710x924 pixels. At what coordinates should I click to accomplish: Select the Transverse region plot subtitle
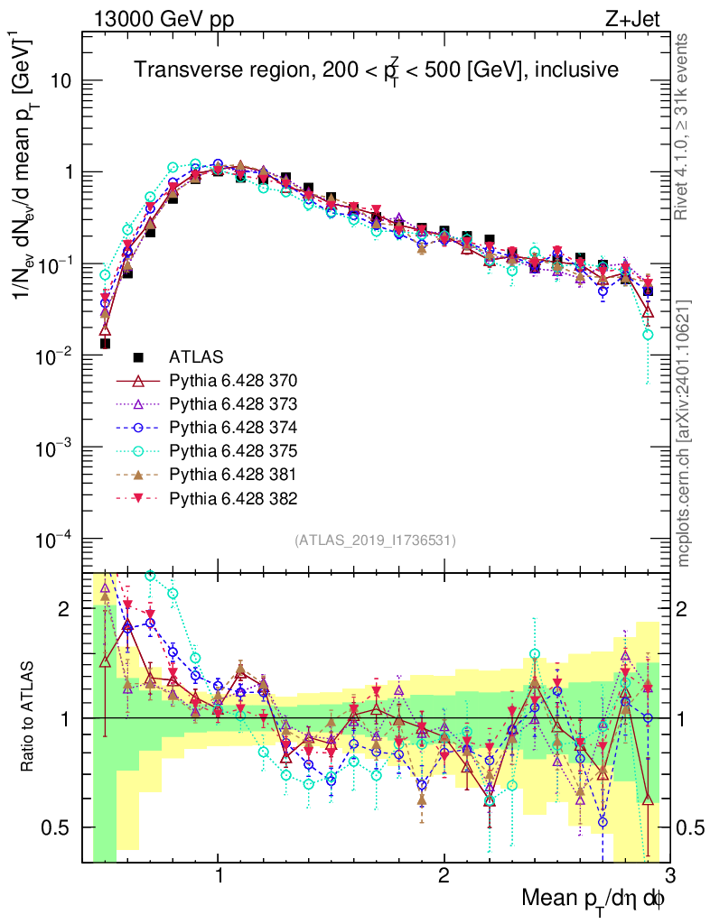(376, 69)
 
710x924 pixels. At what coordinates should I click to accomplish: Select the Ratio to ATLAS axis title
(29, 717)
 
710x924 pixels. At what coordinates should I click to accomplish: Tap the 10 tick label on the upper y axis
(61, 80)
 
